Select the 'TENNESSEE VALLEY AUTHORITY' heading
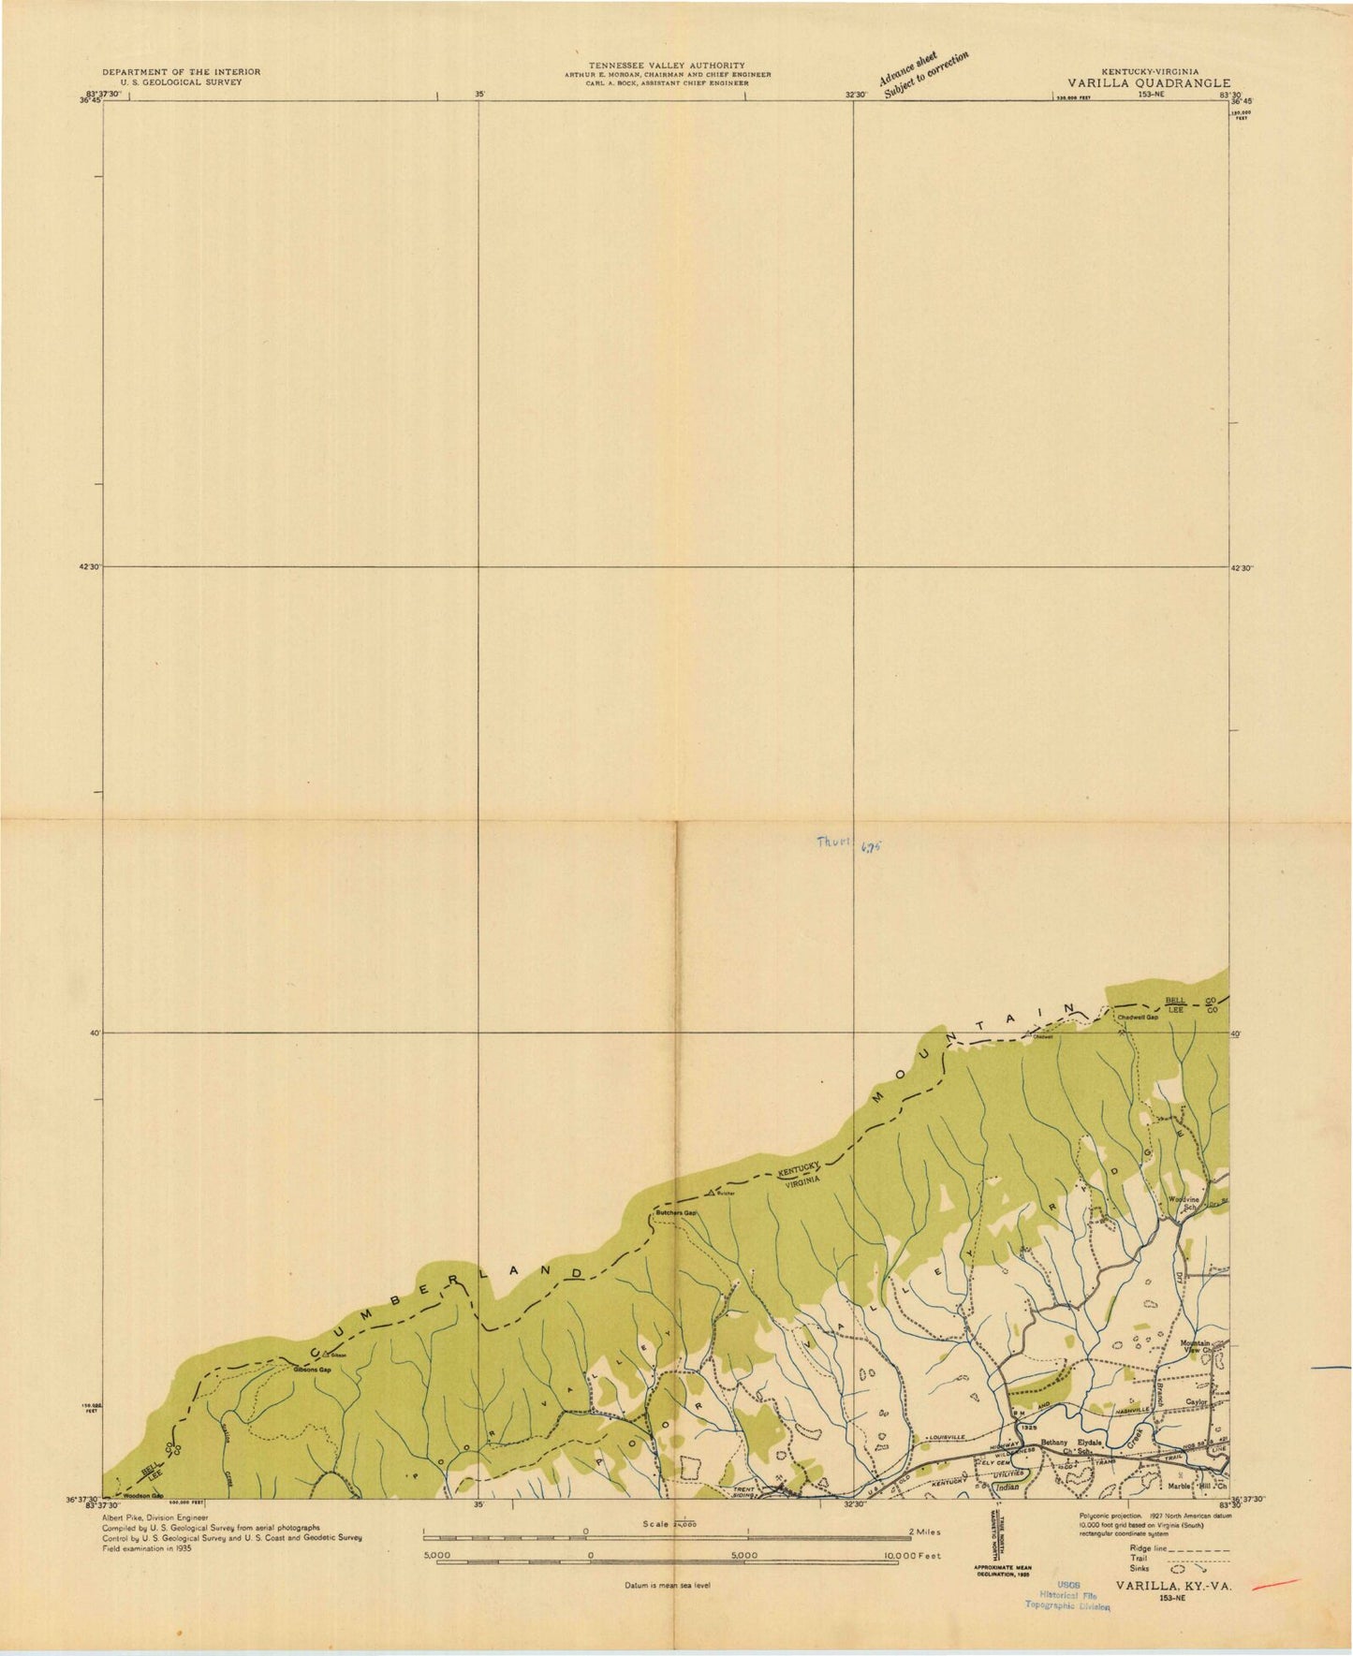[x=667, y=65]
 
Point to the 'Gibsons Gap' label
[x=313, y=1370]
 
